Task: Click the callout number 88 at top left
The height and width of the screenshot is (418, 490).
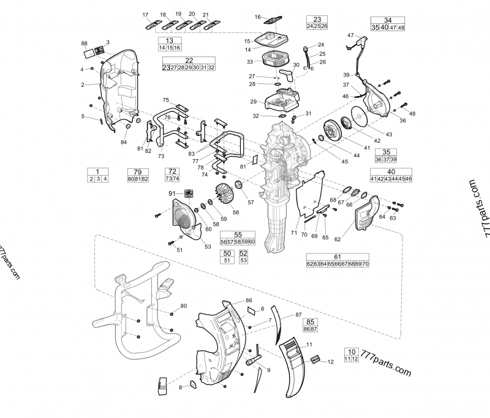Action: coord(84,43)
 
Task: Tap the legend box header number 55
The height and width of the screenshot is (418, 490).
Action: coord(238,234)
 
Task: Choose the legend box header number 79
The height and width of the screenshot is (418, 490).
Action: coord(138,171)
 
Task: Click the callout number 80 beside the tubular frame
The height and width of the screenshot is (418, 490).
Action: coord(184,306)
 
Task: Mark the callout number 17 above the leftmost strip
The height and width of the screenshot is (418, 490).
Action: coord(146,14)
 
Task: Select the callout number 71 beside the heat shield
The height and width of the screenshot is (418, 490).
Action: coord(295,233)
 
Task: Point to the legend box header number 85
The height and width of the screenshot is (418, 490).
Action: coord(311,321)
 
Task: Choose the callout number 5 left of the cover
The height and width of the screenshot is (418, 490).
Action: coord(83,116)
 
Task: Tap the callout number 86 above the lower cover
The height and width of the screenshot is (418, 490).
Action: coord(249,300)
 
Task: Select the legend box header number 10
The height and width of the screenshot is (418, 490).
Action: coord(351,351)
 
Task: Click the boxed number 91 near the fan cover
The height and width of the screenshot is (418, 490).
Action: coord(173,193)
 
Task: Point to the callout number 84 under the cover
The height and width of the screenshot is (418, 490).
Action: coord(124,143)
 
